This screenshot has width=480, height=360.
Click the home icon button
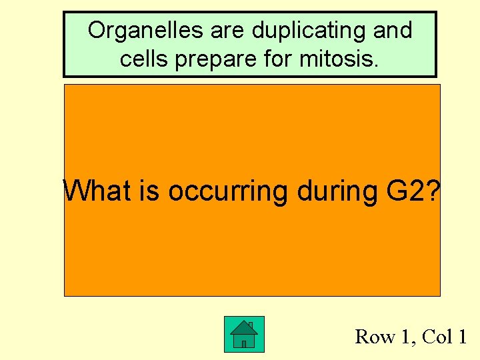click(x=244, y=334)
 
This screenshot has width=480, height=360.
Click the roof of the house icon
click(x=243, y=327)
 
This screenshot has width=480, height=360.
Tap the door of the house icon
click(x=244, y=344)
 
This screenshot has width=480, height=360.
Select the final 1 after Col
click(x=461, y=337)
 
